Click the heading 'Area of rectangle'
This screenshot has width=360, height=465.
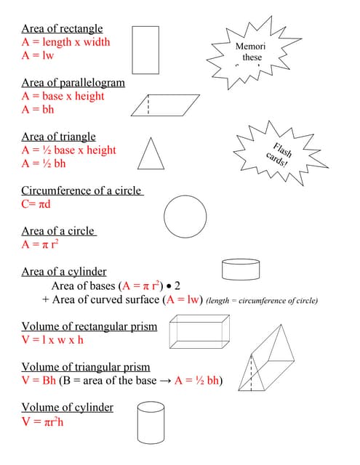click(x=62, y=29)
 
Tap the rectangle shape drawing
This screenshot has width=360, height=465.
click(x=145, y=49)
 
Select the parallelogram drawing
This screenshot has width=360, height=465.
click(x=166, y=105)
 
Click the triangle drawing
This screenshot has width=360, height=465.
click(x=150, y=153)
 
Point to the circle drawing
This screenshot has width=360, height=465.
click(x=185, y=217)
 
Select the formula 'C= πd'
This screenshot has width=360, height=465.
click(x=36, y=204)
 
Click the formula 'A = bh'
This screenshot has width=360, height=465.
click(x=38, y=110)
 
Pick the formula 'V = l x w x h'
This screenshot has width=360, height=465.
click(x=52, y=339)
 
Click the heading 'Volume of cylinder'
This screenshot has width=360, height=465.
click(x=67, y=407)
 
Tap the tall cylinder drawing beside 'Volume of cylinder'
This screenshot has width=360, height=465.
click(x=153, y=422)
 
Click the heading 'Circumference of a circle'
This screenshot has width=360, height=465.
click(x=81, y=190)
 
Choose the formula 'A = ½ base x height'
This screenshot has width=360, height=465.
click(x=68, y=150)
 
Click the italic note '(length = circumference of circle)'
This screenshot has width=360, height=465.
click(x=262, y=300)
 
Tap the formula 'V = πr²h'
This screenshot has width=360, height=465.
click(x=42, y=421)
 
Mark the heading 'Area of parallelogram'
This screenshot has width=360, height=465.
click(x=73, y=83)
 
